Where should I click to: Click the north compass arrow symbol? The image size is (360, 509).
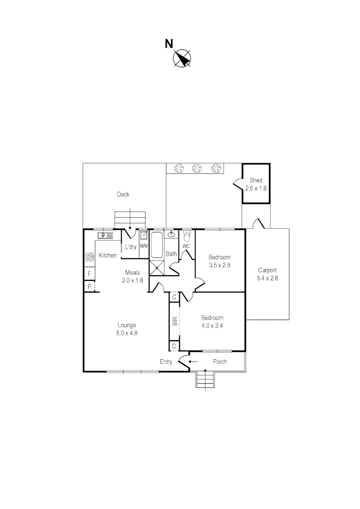[181, 58]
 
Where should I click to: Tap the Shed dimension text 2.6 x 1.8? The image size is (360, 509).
[256, 188]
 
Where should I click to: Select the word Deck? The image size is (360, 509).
[123, 194]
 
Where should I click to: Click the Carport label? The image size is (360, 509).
[267, 270]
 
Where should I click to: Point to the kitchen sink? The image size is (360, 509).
[105, 235]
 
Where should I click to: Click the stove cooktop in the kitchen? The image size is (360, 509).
[90, 257]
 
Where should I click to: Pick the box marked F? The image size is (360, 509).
[89, 274]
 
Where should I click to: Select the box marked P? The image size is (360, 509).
[89, 286]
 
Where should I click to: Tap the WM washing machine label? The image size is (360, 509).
[144, 246]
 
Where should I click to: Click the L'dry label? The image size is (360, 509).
[131, 246]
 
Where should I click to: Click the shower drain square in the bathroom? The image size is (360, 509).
[157, 267]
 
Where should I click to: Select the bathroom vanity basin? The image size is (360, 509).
[172, 234]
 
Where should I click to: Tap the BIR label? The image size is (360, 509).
[175, 321]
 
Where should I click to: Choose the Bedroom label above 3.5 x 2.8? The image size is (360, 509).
[220, 257]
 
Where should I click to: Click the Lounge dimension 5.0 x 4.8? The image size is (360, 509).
[127, 332]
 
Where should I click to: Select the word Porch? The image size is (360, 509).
[220, 361]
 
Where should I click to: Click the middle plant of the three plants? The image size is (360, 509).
[197, 167]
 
